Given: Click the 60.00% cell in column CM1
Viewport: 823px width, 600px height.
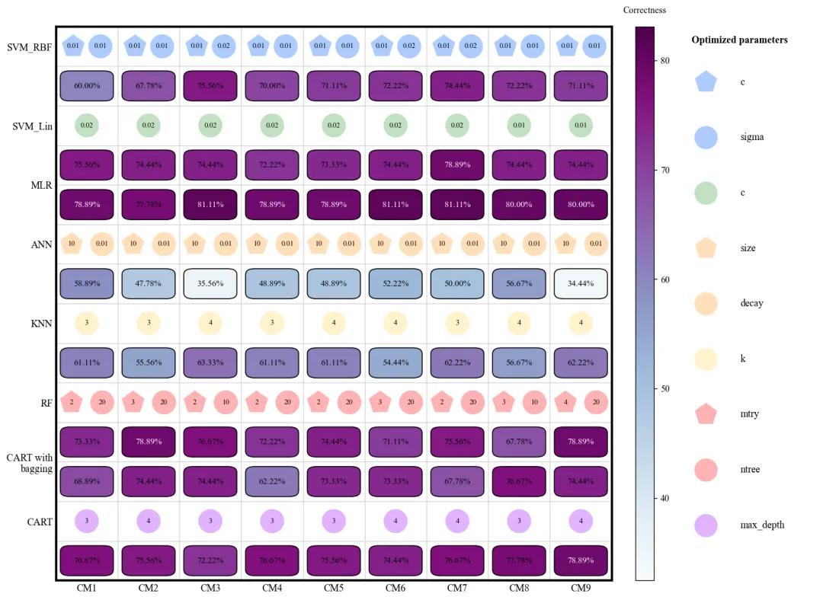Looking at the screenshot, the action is point(87,85).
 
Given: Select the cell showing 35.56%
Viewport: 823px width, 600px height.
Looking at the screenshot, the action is point(210,283).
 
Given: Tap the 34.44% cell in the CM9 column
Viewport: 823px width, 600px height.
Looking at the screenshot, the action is point(581,283).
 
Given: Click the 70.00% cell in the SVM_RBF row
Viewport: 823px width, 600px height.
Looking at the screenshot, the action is point(272,85).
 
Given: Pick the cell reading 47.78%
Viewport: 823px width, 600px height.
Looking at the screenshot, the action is point(149,283).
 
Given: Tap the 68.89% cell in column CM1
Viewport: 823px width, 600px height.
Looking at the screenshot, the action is point(87,481).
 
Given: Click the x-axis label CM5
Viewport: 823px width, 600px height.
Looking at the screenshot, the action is point(334,588).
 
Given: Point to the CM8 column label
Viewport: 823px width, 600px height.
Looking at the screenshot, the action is point(519,588).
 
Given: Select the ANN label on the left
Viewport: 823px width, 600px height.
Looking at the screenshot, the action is point(41,244).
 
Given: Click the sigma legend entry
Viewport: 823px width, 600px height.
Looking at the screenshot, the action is point(751,137).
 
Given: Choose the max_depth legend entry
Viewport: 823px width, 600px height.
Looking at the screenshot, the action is point(762,525).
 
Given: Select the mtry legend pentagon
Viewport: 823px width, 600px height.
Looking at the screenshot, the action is point(706,414).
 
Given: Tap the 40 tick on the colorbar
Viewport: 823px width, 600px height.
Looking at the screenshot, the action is point(664,498).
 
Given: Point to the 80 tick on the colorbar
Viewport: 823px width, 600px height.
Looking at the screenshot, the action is point(664,61).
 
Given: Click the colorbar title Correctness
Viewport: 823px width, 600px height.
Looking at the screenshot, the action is point(644,10).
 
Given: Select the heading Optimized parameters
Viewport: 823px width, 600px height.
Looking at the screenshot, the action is point(739,40).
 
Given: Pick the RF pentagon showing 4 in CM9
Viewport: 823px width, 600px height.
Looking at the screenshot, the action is point(565,403).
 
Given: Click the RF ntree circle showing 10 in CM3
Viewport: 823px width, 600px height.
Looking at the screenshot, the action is point(226,403).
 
